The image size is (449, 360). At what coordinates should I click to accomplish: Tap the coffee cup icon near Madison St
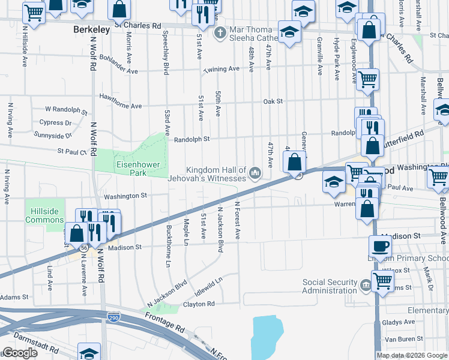[381, 245]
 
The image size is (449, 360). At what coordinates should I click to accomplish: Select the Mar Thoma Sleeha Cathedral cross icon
[220, 31]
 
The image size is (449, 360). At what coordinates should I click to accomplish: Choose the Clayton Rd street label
[199, 304]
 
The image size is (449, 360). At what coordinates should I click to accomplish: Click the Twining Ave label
[221, 70]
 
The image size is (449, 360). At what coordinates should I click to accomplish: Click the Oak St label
[273, 101]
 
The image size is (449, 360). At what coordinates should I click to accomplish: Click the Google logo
[20, 353]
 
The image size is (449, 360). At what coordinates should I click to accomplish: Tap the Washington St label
[125, 196]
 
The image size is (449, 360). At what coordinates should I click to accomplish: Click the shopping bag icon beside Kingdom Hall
[294, 162]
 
